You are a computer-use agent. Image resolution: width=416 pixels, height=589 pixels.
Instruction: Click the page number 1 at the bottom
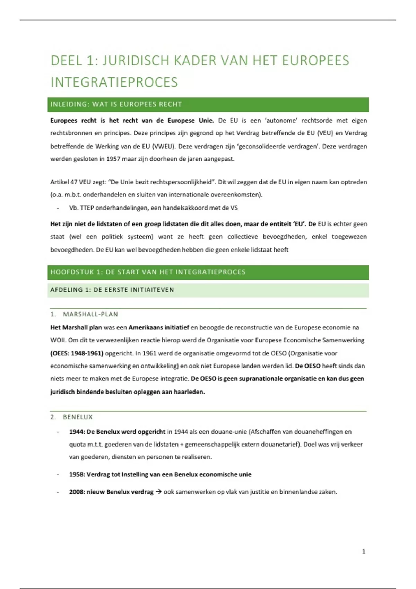pyautogui.click(x=364, y=551)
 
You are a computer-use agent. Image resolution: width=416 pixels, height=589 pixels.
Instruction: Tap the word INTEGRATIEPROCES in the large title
pyautogui.click(x=114, y=82)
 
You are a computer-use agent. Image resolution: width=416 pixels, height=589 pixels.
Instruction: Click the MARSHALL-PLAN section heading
pyautogui.click(x=90, y=314)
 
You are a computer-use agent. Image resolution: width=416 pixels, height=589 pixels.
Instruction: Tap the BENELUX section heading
pyautogui.click(x=78, y=417)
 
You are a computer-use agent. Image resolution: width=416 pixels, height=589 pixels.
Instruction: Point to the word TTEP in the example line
pyautogui.click(x=87, y=208)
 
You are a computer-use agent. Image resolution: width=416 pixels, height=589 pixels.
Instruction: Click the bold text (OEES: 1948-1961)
pyautogui.click(x=77, y=353)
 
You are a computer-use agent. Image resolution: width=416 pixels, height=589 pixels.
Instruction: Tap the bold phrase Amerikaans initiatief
pyautogui.click(x=159, y=327)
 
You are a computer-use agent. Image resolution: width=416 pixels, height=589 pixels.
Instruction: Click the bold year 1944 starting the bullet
pyautogui.click(x=76, y=432)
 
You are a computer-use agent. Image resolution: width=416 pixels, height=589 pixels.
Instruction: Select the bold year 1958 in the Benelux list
pyautogui.click(x=76, y=474)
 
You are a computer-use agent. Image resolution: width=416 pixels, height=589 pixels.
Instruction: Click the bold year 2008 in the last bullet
pyautogui.click(x=76, y=492)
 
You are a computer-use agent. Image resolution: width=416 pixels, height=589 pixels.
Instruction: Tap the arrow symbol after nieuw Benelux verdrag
pyautogui.click(x=158, y=492)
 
